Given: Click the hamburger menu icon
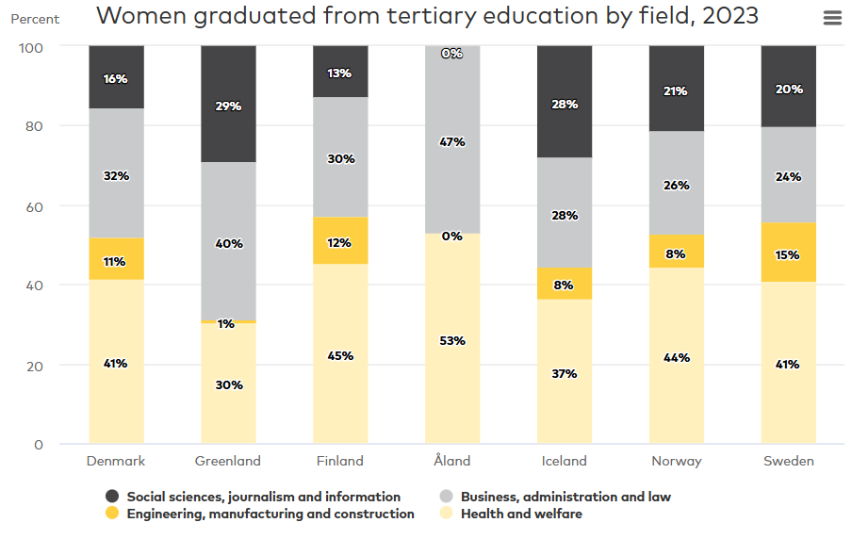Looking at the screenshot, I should tap(832, 18).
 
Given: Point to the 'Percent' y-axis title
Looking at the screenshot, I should tap(35, 19).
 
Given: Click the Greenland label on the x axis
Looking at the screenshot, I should tap(228, 461).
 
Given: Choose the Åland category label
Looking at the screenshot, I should tap(452, 461).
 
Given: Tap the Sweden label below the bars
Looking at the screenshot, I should tap(789, 461).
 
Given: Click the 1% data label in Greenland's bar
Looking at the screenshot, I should tap(226, 324).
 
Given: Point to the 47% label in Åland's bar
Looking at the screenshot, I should tap(452, 142).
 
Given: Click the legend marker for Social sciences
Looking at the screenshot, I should tap(112, 497).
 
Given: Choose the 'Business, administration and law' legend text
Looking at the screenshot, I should tap(565, 497).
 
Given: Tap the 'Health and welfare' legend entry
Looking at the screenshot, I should tap(521, 514).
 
